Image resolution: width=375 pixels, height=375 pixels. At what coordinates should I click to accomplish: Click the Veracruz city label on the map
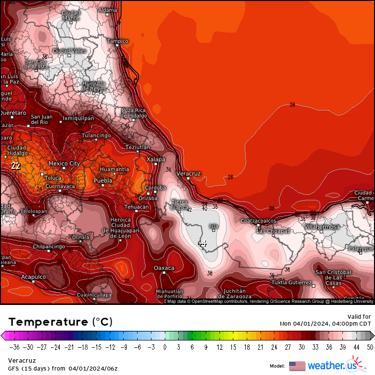[x=188, y=174]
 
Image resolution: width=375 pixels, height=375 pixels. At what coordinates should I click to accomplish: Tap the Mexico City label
[x=64, y=163]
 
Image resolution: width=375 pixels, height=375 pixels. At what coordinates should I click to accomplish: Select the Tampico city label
[x=117, y=41]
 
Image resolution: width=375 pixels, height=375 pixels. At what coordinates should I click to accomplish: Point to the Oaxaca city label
[x=164, y=268]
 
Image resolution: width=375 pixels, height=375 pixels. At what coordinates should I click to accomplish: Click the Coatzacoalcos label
[x=258, y=221]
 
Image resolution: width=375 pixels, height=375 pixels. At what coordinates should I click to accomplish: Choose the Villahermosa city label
[x=322, y=227]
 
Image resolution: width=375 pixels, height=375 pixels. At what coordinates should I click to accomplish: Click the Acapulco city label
[x=34, y=277]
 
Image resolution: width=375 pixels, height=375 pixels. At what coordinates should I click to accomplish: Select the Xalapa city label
[x=155, y=159]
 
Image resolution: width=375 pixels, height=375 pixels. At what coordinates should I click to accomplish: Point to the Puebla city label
[x=103, y=181]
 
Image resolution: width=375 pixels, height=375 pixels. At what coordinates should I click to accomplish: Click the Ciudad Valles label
[x=70, y=51]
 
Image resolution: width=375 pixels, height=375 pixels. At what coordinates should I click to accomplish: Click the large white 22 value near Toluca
[x=16, y=166]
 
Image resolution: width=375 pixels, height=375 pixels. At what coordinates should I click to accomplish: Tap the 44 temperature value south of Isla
[x=202, y=243]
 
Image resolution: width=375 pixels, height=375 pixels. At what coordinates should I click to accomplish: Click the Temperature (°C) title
[x=60, y=322]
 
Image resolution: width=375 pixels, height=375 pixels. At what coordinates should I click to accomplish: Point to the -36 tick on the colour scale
[x=16, y=347]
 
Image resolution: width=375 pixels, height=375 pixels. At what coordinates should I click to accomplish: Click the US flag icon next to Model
[x=297, y=366]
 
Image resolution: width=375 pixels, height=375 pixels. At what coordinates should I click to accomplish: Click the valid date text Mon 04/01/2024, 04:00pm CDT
[x=325, y=324]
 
